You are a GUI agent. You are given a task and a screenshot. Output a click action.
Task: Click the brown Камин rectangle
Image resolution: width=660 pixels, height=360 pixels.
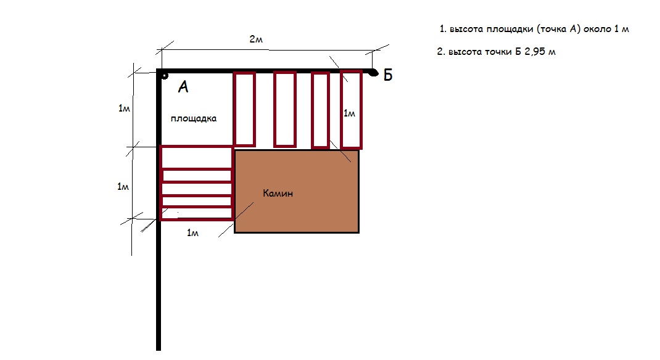[296, 191]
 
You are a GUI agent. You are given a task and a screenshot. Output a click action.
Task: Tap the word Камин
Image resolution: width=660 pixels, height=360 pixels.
[278, 194]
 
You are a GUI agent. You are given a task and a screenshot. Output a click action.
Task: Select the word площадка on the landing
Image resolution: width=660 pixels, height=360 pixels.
[194, 118]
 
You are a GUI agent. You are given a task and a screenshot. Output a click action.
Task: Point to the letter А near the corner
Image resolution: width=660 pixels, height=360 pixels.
[183, 87]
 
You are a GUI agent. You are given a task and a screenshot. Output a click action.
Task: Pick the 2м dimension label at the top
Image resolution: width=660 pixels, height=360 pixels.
[256, 39]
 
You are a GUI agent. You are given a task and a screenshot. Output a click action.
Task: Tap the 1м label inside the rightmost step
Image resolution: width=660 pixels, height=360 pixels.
[349, 113]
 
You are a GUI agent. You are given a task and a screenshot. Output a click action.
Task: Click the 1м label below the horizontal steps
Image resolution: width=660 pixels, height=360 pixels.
[192, 232]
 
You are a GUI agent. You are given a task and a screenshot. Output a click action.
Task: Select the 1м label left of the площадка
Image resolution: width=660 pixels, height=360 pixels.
[124, 108]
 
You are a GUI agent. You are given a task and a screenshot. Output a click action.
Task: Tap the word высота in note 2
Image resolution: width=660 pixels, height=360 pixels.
[465, 52]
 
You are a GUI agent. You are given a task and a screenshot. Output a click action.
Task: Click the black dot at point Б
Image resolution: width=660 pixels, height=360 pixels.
[373, 73]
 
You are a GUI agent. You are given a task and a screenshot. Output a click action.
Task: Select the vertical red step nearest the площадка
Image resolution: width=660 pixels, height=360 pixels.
[244, 109]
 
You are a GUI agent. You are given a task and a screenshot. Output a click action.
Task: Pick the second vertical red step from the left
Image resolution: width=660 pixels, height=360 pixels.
[285, 109]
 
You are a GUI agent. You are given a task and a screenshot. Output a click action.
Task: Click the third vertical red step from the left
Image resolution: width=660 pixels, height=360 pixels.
[320, 110]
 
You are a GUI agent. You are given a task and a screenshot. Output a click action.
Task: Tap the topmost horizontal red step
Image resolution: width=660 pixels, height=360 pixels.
[197, 157]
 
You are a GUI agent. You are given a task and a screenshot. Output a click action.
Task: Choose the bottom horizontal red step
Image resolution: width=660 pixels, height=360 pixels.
[197, 213]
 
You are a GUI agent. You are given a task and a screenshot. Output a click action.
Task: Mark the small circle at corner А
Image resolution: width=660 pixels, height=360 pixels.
[165, 76]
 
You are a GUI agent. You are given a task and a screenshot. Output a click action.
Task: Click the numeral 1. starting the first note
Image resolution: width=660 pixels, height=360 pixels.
[443, 29]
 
